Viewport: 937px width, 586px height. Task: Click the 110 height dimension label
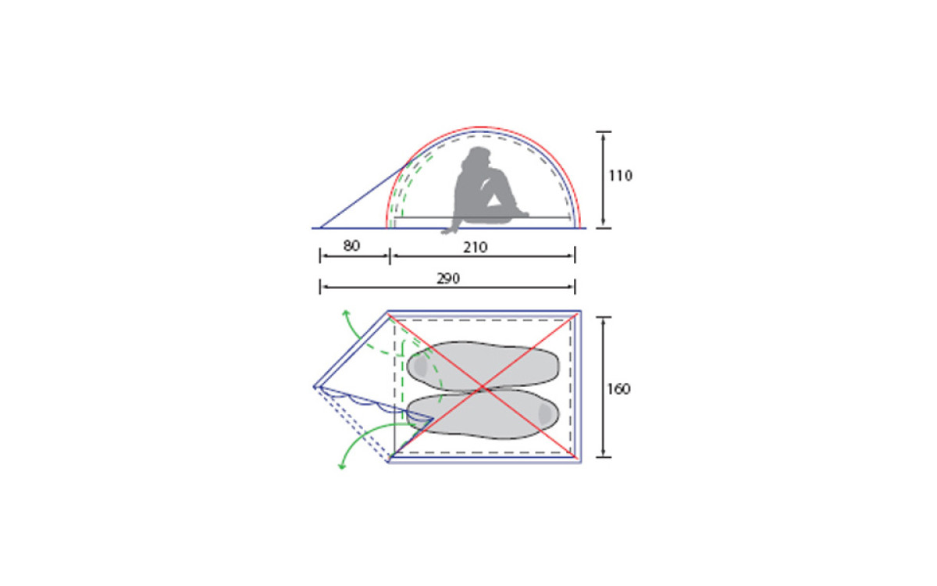620,176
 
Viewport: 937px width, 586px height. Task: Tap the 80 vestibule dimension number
351,245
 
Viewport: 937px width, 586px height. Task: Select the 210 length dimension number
476,248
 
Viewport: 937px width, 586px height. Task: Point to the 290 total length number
448,278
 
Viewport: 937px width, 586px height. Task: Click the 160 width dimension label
618,389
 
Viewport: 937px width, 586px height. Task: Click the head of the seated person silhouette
479,156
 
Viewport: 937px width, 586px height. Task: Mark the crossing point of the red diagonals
483,388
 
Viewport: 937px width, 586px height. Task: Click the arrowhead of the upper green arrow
345,313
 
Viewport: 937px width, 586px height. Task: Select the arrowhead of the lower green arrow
342,466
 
